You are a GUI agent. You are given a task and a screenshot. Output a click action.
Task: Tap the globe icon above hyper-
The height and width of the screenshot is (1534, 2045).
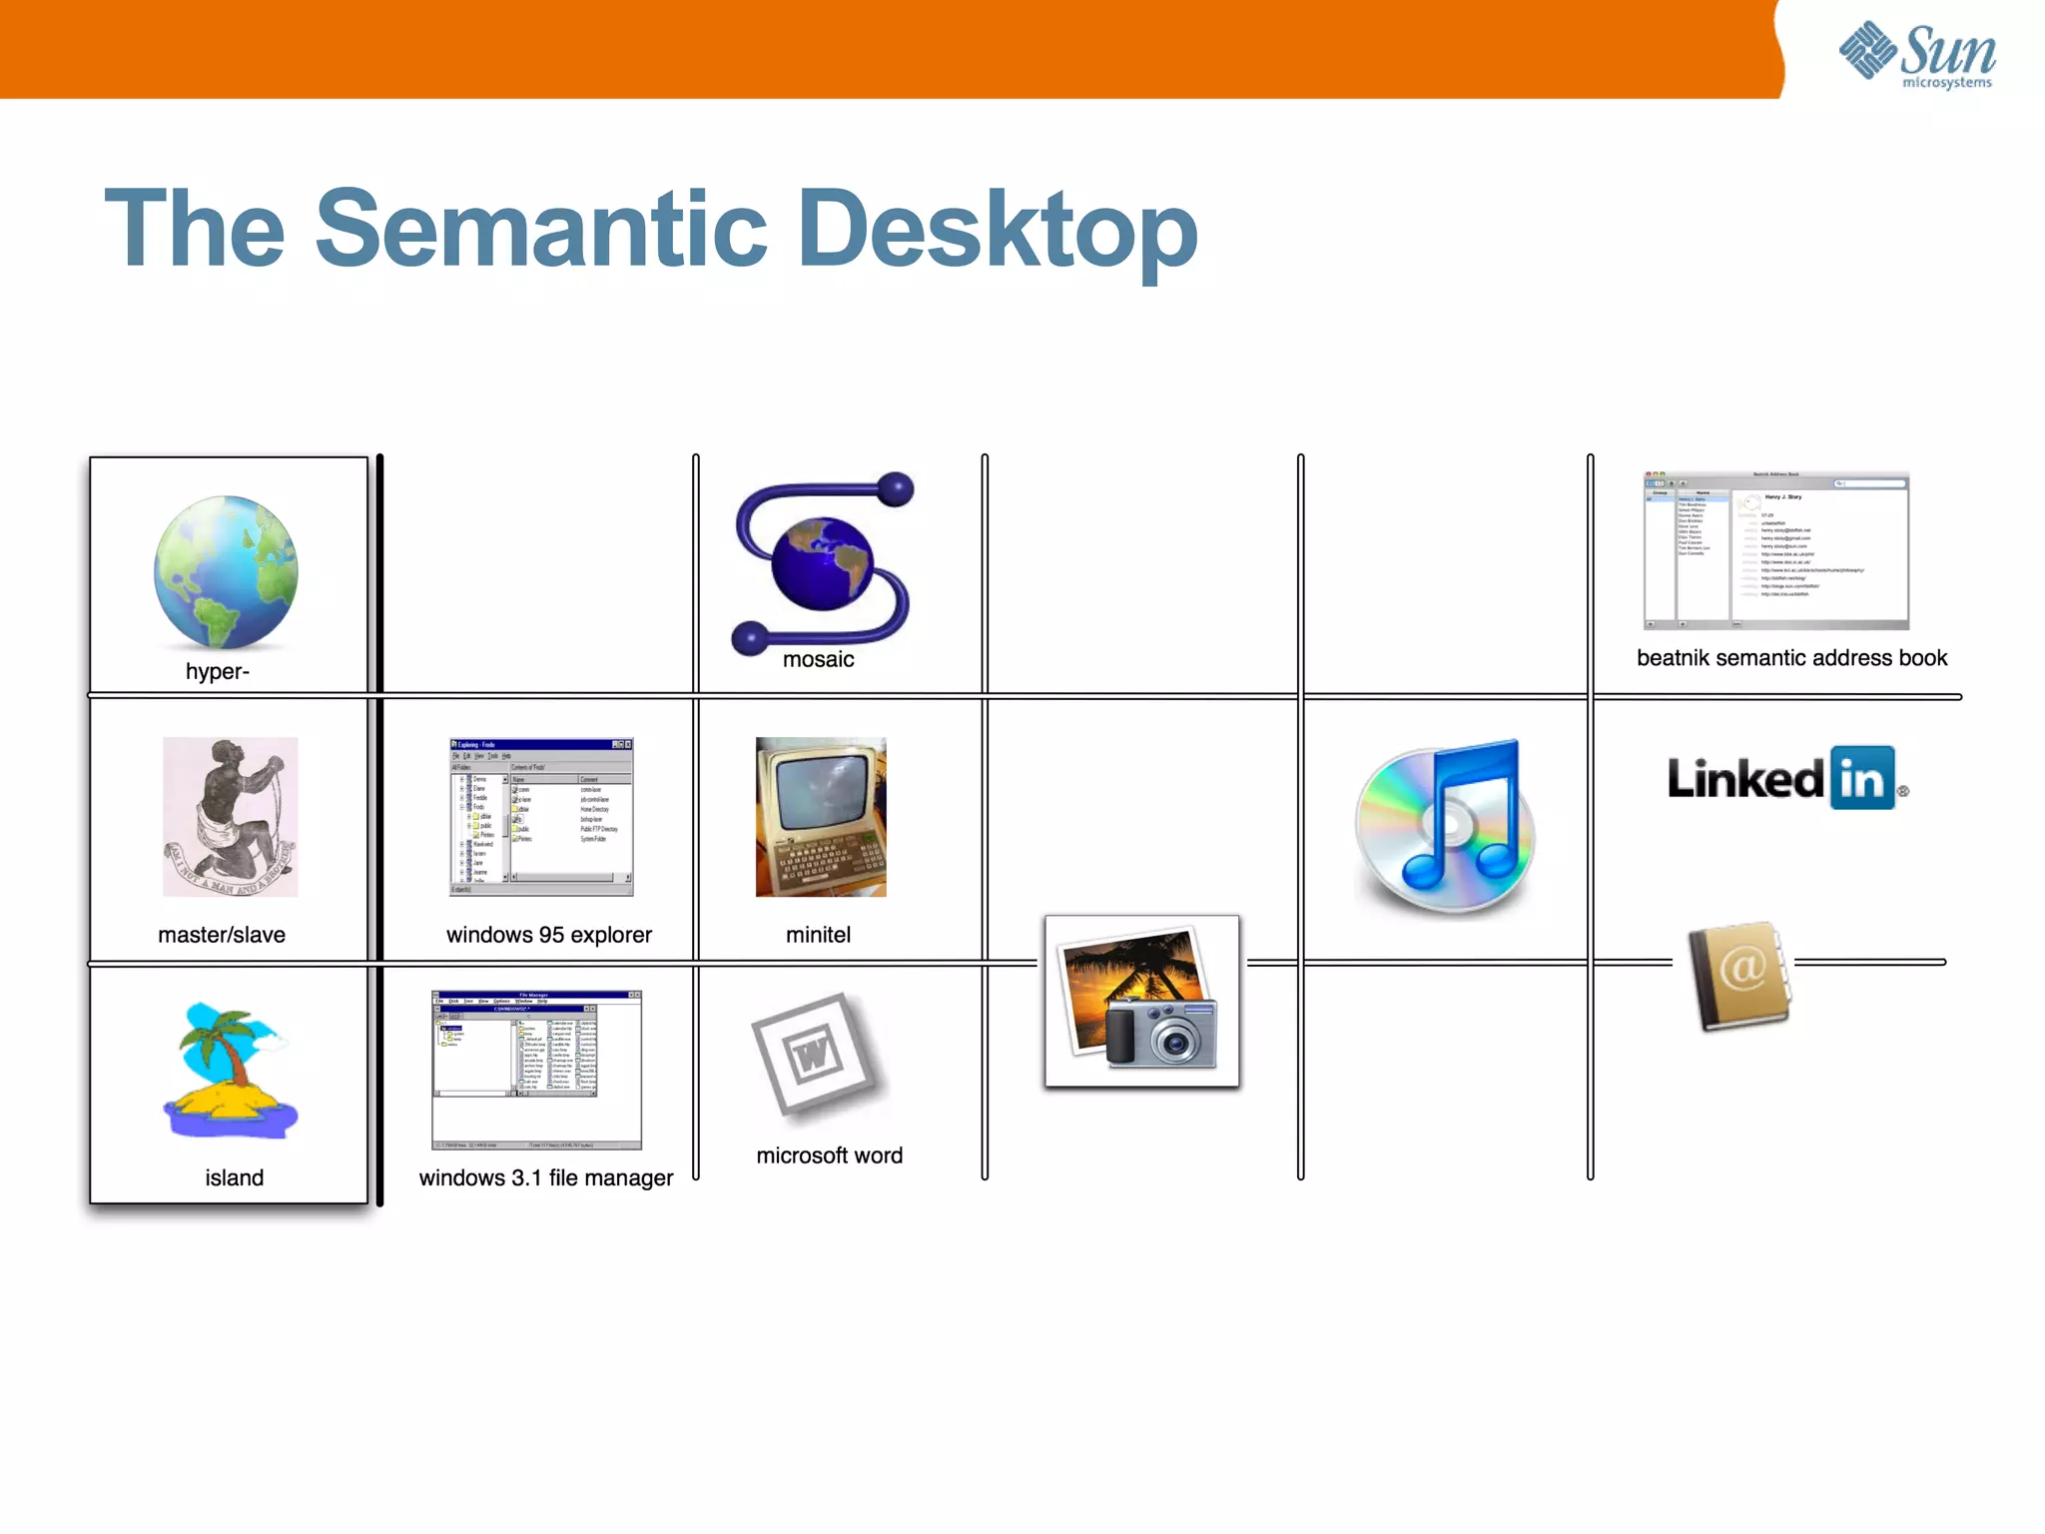(x=227, y=571)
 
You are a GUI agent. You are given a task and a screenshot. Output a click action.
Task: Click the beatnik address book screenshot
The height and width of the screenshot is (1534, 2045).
(x=1776, y=550)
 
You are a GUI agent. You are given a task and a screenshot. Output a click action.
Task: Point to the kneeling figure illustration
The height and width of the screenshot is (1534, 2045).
(x=231, y=817)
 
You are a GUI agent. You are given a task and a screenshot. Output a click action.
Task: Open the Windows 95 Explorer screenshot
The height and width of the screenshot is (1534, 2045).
(x=541, y=817)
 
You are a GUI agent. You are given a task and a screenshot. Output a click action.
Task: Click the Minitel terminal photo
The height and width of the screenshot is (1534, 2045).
(x=821, y=817)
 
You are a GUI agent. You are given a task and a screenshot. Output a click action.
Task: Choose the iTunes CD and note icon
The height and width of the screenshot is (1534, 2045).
(x=1445, y=827)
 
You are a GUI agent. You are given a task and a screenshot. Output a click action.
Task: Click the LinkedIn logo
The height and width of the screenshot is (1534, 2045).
(x=1786, y=779)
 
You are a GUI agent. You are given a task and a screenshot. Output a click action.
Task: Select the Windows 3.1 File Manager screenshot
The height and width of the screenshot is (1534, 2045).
(x=537, y=1070)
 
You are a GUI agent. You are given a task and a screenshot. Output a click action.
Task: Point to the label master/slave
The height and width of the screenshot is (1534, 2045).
(x=222, y=935)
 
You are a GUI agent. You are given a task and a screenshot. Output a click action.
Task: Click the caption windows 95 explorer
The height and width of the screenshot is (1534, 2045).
(x=549, y=935)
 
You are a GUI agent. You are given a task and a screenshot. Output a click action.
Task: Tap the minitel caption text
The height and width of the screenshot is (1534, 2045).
(x=818, y=935)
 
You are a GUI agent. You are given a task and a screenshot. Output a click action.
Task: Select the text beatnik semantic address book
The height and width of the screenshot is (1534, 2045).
(x=1791, y=658)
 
